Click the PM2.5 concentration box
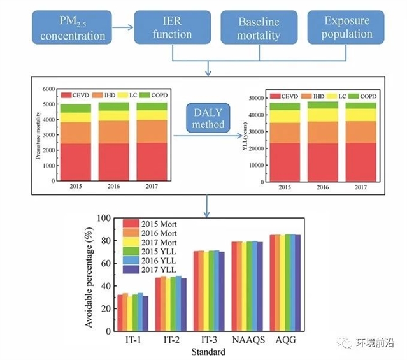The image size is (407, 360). (x=73, y=28)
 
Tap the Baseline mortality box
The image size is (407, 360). (x=258, y=28)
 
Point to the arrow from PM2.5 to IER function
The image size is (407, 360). (x=123, y=27)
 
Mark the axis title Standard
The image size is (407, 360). (x=210, y=351)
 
